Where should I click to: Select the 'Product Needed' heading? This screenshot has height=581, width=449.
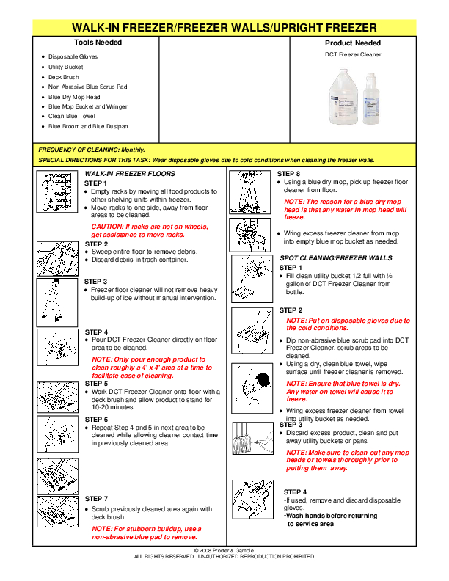tap(353, 43)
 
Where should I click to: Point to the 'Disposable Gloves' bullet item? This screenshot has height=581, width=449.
tap(73, 56)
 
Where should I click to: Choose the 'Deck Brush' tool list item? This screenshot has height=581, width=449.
tap(64, 77)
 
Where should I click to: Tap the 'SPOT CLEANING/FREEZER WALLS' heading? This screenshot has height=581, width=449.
tap(336, 258)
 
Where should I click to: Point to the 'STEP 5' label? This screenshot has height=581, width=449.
tap(96, 384)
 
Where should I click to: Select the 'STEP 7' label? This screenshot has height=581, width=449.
tap(96, 499)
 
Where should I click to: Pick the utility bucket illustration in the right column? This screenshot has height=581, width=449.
tap(253, 329)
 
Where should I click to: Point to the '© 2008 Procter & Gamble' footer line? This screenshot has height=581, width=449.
tap(224, 549)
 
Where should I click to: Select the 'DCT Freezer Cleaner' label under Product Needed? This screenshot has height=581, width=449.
tap(353, 54)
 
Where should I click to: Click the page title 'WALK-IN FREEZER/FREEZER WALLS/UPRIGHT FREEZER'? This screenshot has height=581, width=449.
tap(224, 28)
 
